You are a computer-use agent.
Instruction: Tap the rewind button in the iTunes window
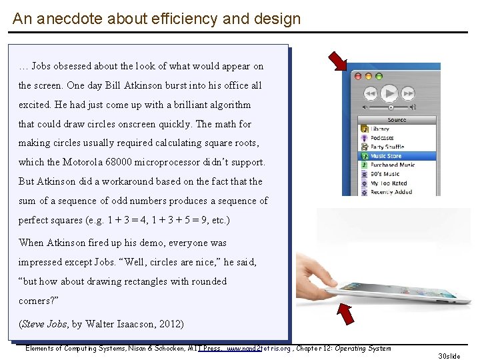coord(371,93)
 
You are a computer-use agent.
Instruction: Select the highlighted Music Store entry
coord(387,156)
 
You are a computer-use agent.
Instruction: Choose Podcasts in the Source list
coord(383,138)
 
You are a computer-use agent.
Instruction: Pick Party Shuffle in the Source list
coord(387,147)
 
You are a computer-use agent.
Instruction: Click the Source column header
coord(397,120)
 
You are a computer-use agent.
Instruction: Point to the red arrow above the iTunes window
coord(338,61)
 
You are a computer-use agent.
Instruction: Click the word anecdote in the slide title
coord(63,19)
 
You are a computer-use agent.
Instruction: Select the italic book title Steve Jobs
coord(45,324)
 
